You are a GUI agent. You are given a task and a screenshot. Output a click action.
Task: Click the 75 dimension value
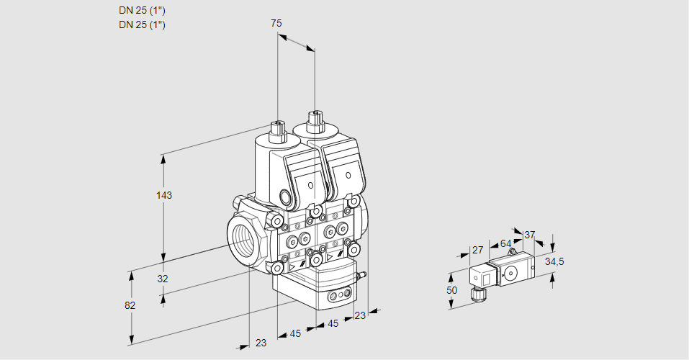(276, 23)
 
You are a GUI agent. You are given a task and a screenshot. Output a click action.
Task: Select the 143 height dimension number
(165, 195)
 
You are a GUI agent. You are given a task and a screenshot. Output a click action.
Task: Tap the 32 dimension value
(162, 279)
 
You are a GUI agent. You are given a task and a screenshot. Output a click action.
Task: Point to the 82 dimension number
(130, 305)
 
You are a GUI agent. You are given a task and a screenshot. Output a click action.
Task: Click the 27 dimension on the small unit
(477, 251)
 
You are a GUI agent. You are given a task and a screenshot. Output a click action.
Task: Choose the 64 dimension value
(505, 243)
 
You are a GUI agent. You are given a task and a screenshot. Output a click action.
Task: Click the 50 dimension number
(451, 289)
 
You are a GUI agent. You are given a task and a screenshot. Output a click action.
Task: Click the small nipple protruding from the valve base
(364, 275)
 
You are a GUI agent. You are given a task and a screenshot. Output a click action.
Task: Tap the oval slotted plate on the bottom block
(339, 295)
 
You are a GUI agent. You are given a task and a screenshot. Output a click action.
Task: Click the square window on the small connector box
(485, 276)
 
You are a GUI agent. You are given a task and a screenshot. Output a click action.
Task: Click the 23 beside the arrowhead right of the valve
(360, 315)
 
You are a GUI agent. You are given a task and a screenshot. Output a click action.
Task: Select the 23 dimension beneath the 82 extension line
(261, 343)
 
